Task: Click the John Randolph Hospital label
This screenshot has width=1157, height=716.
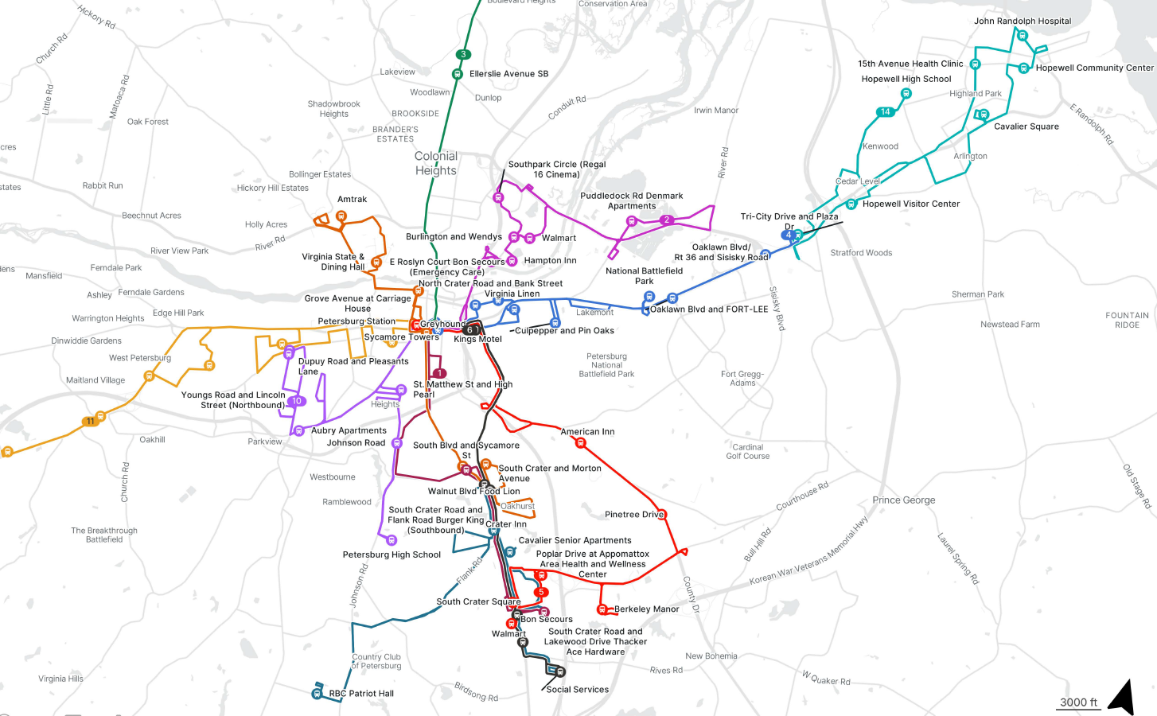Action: [x=1023, y=21]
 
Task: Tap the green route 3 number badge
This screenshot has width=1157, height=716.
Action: [x=463, y=55]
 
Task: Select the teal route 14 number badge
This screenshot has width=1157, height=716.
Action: [x=885, y=112]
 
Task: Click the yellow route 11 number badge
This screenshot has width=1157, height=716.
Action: [x=91, y=421]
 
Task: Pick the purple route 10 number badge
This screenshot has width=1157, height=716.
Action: [x=297, y=401]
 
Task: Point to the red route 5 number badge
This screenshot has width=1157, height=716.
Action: [x=541, y=592]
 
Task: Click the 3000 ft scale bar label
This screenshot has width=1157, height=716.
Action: [x=1078, y=702]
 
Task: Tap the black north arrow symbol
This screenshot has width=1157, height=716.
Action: [x=1122, y=698]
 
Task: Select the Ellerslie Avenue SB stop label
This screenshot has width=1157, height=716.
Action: [x=508, y=74]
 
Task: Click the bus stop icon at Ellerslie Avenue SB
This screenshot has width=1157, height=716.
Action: [x=458, y=74]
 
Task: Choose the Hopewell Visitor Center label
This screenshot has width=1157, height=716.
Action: [x=911, y=204]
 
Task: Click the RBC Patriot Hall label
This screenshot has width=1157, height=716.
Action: [x=361, y=694]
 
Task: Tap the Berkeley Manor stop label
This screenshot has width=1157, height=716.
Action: [x=646, y=609]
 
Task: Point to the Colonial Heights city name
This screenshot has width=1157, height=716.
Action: [x=436, y=163]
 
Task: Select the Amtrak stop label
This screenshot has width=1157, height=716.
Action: [x=352, y=200]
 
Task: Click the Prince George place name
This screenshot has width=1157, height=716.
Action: [x=903, y=500]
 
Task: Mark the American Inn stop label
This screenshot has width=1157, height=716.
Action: [x=587, y=432]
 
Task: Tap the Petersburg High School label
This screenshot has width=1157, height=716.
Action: [x=392, y=555]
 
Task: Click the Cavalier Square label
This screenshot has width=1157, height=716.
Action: [x=1026, y=126]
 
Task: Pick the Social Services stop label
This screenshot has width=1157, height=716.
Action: [x=577, y=690]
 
